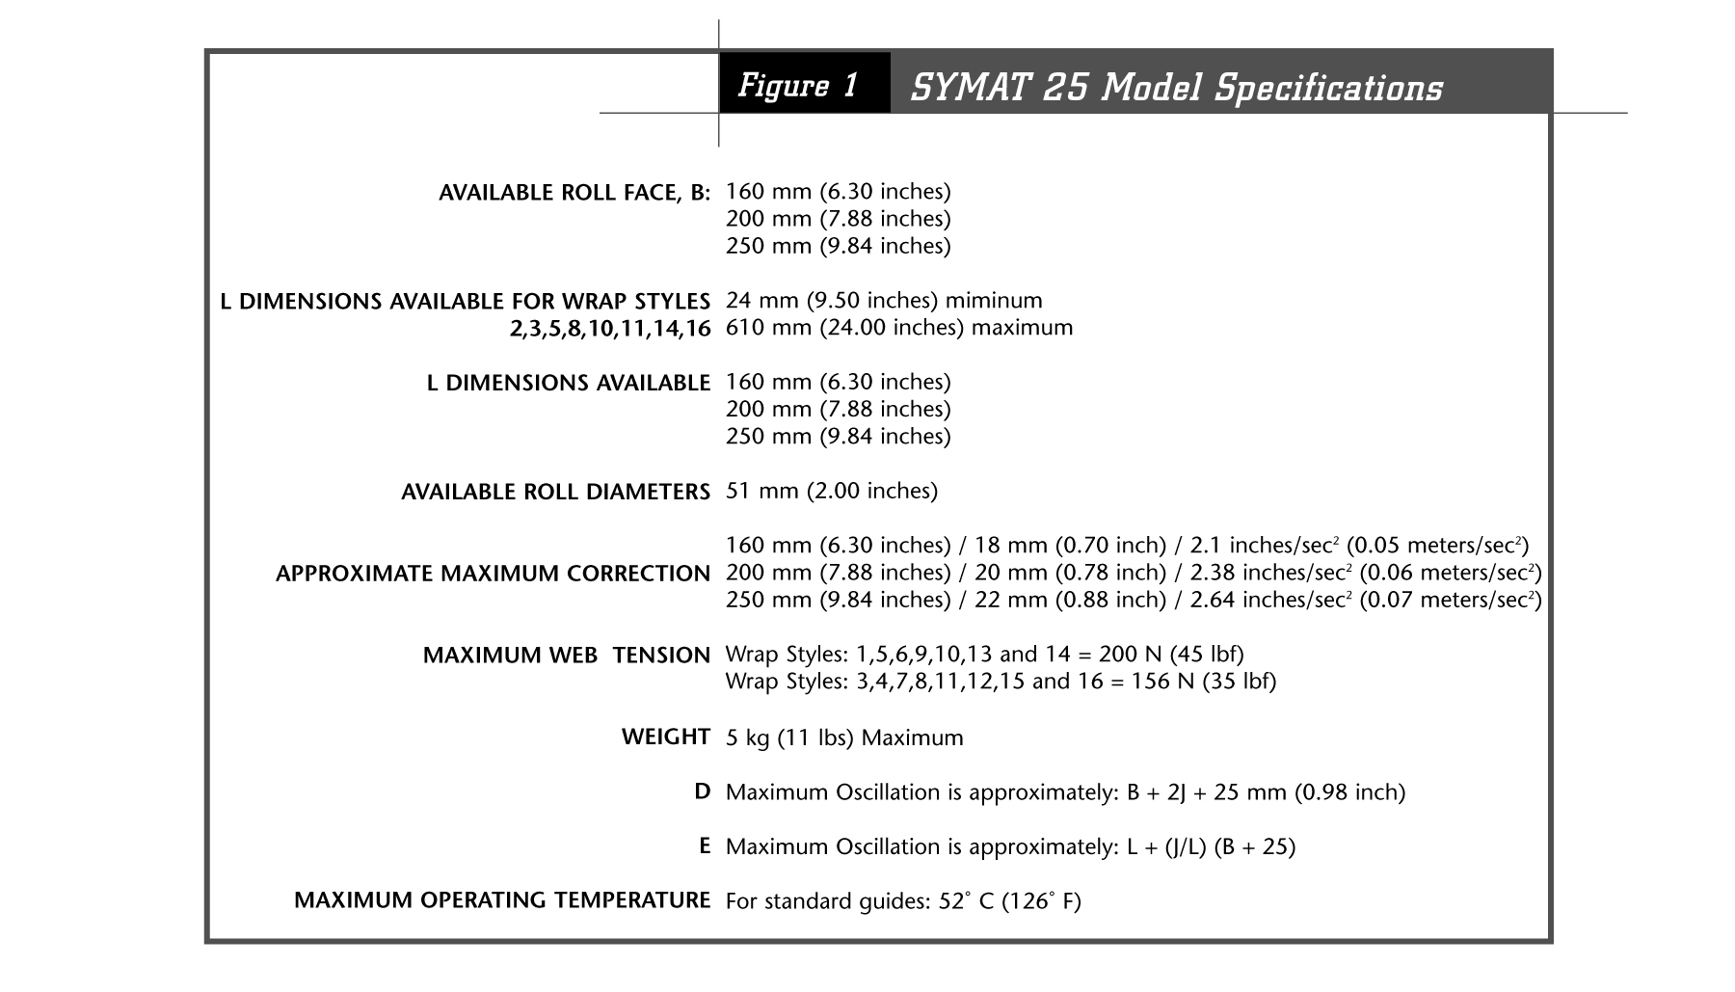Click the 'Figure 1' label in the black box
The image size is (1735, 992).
[798, 86]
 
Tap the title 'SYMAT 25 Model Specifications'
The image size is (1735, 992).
[1176, 88]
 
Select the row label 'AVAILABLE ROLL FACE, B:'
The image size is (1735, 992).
[574, 193]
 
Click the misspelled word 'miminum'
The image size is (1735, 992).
[994, 301]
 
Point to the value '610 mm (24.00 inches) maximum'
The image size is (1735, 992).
[898, 328]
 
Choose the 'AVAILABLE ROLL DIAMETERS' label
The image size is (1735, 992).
[555, 493]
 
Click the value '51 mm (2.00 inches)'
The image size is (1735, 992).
[831, 492]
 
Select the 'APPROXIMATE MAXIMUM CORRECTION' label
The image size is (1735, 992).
[493, 574]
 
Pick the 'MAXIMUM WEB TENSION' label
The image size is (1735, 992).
[566, 656]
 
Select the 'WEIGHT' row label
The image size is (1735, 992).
[666, 737]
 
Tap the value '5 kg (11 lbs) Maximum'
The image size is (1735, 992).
[844, 738]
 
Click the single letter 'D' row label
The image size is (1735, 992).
[703, 792]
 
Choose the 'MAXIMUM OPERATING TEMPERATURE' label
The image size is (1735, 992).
[502, 900]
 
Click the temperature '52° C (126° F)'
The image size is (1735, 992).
[1009, 902]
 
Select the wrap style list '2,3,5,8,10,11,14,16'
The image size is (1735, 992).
[610, 329]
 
